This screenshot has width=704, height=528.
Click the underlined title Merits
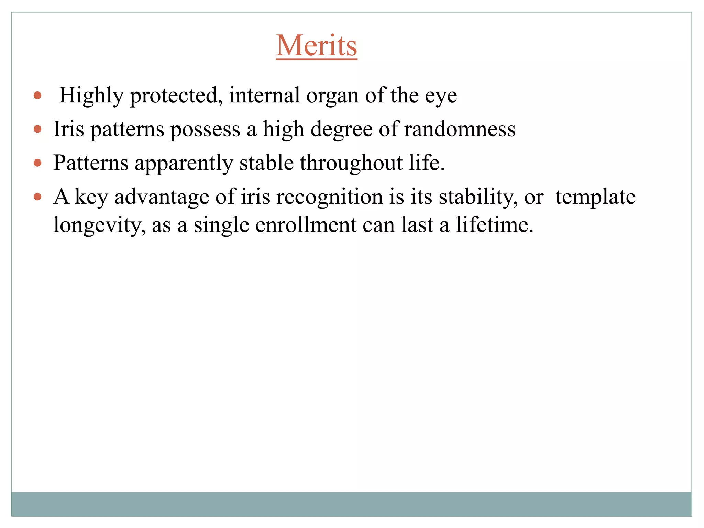click(x=316, y=46)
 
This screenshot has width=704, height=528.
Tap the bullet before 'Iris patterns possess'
click(x=38, y=129)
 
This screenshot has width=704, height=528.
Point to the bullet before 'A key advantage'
click(x=38, y=197)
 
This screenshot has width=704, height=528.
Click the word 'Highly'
click(x=91, y=96)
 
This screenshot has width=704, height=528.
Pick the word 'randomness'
click(x=460, y=129)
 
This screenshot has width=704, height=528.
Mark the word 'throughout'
click(x=351, y=163)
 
